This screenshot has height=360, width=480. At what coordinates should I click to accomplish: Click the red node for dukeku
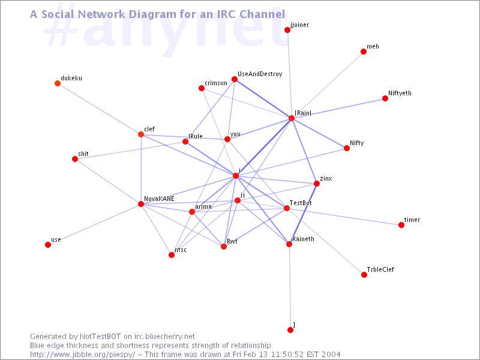58,83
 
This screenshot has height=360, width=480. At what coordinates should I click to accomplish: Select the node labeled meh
364,52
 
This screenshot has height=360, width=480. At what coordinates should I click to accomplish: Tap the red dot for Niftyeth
385,98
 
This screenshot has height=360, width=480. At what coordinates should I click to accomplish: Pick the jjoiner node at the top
287,30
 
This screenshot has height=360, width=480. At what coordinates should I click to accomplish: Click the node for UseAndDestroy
235,79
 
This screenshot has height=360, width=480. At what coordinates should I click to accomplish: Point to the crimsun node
202,88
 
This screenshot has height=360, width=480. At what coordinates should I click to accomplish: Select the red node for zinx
317,184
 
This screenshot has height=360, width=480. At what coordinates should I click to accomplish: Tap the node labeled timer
401,225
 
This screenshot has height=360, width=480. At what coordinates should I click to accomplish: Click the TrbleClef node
364,275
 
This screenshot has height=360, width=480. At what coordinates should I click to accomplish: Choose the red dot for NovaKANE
141,204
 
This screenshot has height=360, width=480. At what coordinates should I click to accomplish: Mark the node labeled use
48,245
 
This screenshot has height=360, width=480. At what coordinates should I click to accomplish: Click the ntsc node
172,255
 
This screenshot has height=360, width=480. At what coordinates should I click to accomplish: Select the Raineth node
289,244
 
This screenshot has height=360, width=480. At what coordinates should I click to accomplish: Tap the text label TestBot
301,203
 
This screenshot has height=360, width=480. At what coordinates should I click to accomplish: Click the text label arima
203,206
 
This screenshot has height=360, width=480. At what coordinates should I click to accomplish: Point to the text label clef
149,129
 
